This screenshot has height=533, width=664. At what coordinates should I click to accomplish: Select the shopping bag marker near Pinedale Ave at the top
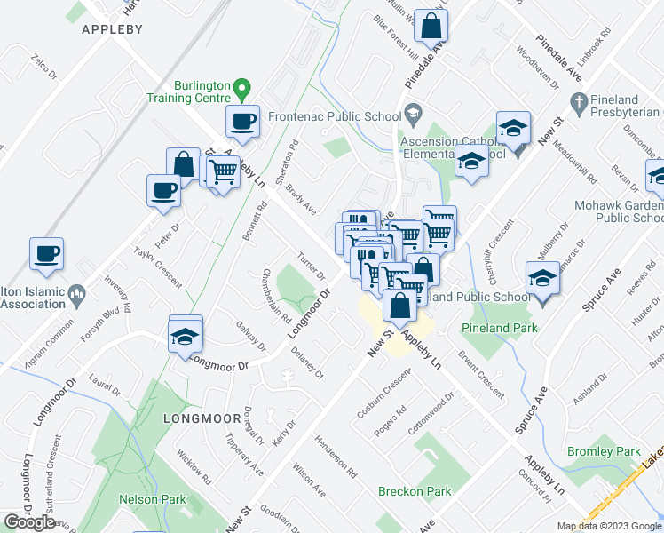point(431,27)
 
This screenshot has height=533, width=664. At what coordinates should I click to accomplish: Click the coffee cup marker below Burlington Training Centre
point(242,121)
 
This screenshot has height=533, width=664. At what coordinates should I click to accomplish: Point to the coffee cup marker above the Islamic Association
point(47,253)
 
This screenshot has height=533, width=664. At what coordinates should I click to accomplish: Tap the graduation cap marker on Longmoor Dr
point(186,336)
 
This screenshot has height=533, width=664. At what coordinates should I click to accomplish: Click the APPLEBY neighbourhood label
point(112,29)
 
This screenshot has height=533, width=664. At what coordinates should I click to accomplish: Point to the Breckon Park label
point(415,491)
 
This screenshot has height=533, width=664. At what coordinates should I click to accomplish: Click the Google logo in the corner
point(29,522)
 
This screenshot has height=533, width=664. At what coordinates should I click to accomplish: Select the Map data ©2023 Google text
point(610,526)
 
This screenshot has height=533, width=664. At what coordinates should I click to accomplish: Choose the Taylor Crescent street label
point(157,266)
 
